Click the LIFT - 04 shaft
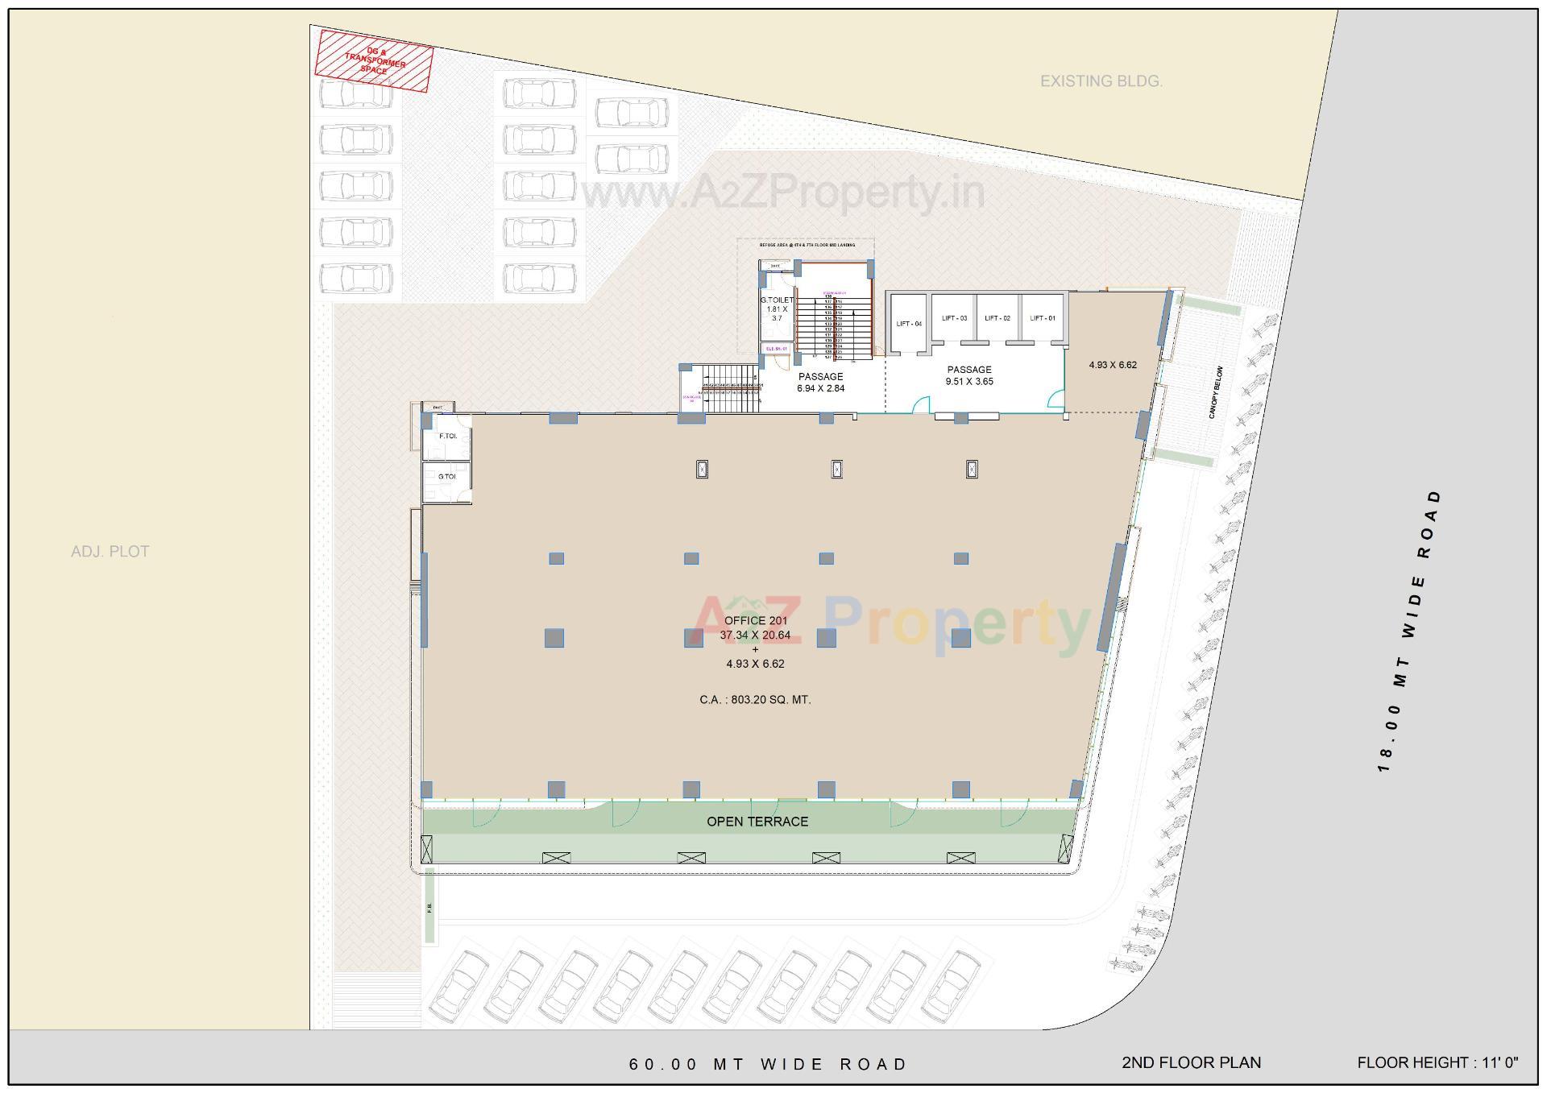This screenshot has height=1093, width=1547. (908, 324)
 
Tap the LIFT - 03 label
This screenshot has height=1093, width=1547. (954, 318)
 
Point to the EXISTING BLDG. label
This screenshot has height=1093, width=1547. (1101, 81)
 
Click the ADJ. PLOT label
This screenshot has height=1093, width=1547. (110, 552)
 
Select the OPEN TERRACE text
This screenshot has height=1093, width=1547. (757, 822)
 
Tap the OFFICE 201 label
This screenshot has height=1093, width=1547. (755, 620)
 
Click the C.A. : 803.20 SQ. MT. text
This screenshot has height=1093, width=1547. (755, 700)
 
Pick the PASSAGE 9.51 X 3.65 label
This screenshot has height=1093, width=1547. (969, 375)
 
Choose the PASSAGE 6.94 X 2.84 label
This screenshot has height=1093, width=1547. (820, 382)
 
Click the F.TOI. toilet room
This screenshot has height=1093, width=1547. (447, 436)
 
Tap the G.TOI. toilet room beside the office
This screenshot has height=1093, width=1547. (446, 477)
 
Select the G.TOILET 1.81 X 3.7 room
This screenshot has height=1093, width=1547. (777, 309)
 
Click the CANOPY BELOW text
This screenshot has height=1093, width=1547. (1216, 392)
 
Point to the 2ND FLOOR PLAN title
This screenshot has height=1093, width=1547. (1191, 1062)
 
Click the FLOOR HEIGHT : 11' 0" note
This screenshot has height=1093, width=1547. (1437, 1062)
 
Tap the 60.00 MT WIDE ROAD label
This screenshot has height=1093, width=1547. (768, 1064)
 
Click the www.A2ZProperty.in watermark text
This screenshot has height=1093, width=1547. (782, 193)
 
